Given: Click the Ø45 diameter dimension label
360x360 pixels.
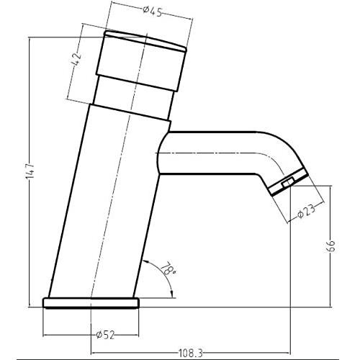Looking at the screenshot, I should click(151, 10).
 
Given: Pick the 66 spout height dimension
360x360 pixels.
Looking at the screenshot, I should click(330, 246).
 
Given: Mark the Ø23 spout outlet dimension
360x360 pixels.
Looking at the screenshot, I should click(304, 210).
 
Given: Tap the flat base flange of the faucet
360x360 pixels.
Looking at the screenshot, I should click(91, 302).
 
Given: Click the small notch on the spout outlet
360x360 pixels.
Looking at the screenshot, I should click(286, 186).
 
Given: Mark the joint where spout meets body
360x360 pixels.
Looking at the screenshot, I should click(164, 148).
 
